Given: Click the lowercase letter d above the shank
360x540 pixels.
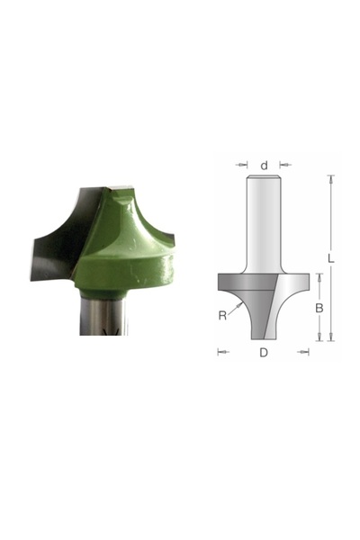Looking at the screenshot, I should click(x=264, y=166).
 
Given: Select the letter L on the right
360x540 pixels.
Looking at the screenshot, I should click(x=331, y=258).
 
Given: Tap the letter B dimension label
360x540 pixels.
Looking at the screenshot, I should click(x=318, y=308).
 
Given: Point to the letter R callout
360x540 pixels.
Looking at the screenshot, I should click(x=222, y=315).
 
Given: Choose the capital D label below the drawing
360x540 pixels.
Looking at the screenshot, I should click(x=264, y=352).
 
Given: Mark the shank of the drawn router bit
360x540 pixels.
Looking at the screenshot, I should click(x=264, y=225).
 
